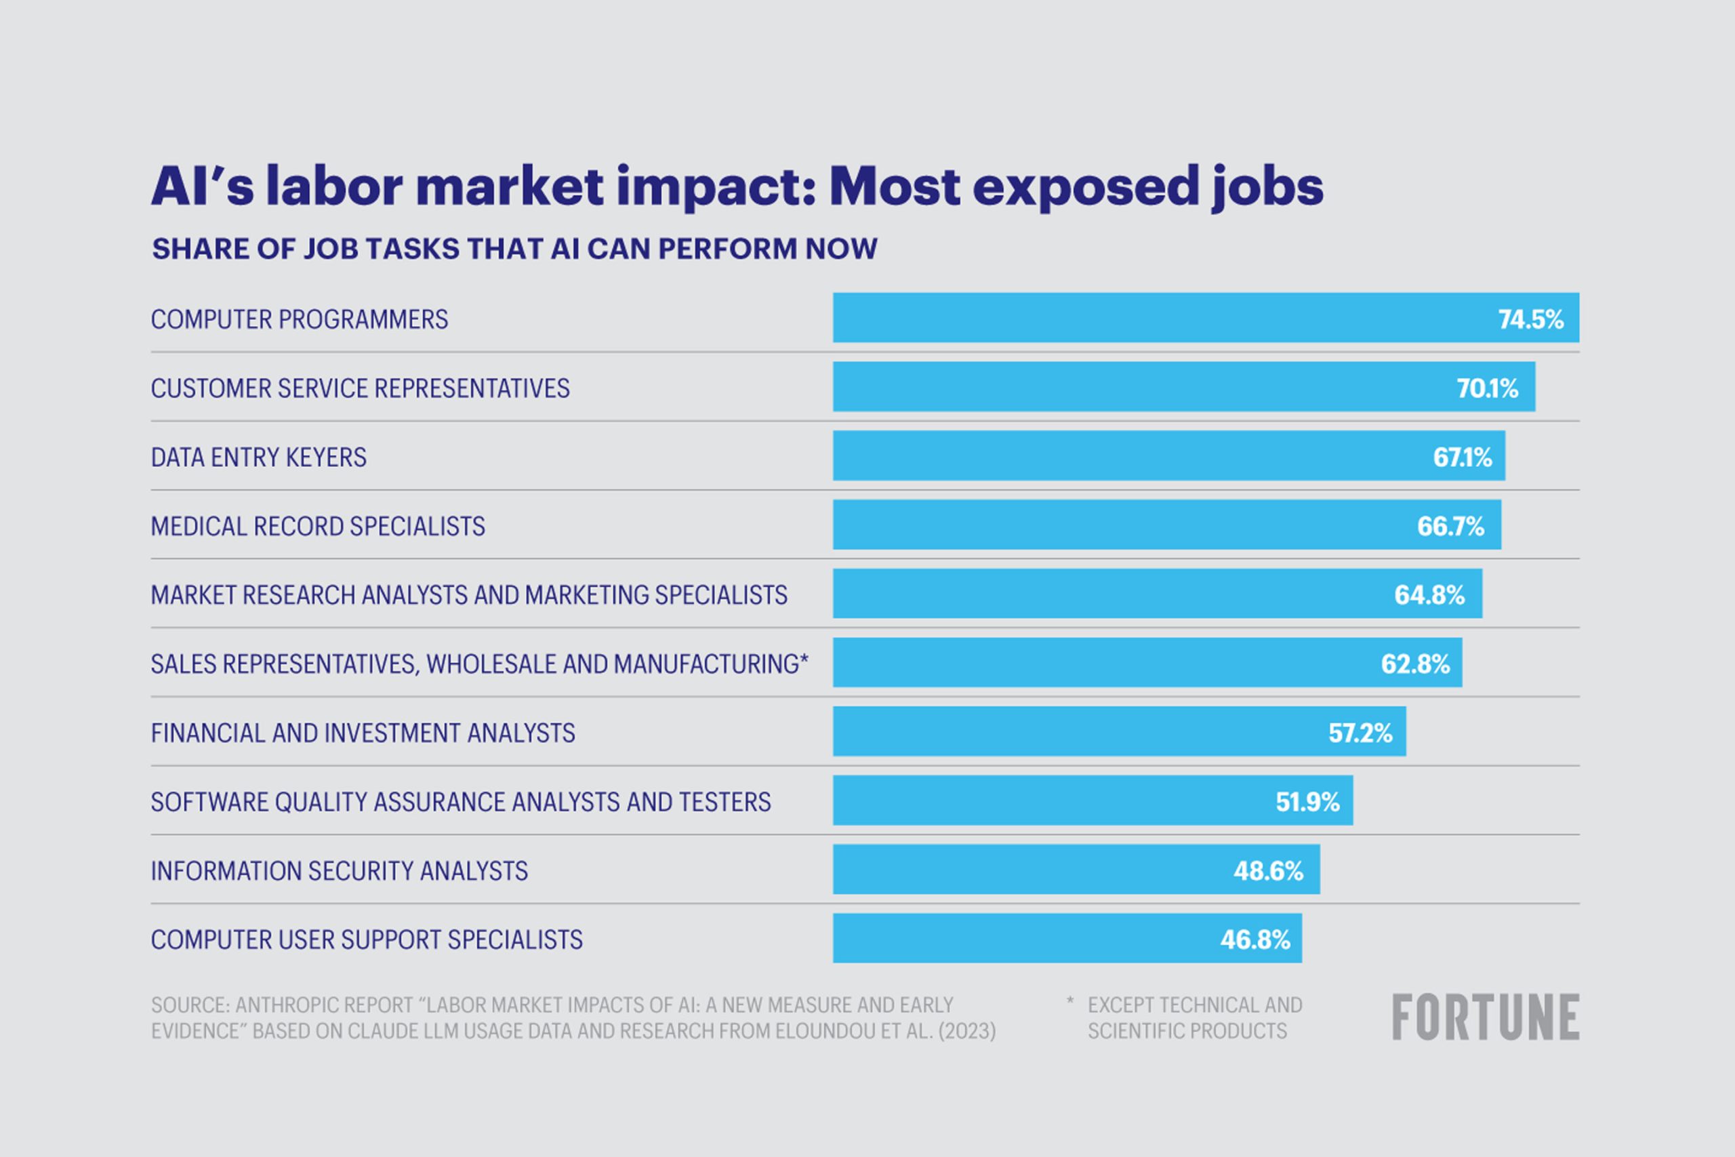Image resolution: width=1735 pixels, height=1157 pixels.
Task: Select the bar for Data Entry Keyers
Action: tap(1168, 456)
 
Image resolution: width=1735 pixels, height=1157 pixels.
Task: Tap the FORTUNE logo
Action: tap(1485, 1017)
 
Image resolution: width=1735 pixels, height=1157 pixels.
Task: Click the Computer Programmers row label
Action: tap(299, 319)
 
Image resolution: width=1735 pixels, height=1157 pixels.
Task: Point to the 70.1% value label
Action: tap(1487, 388)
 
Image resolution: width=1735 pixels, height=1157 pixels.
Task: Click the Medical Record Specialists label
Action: tap(317, 526)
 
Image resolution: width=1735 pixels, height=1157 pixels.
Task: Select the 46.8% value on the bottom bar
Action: tap(1254, 939)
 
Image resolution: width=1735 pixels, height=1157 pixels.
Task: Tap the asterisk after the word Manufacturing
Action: tap(804, 658)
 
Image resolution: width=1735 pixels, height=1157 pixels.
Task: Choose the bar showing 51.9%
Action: tap(1092, 800)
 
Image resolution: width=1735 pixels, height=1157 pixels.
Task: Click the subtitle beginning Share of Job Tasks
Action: tap(514, 249)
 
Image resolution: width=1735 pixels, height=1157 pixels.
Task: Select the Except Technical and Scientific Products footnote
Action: tap(1193, 1017)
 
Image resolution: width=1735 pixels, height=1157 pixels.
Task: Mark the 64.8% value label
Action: tap(1429, 594)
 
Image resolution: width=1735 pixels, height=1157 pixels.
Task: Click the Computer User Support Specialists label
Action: tap(367, 939)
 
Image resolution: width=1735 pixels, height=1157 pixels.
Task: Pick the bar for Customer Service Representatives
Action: tap(1183, 386)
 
